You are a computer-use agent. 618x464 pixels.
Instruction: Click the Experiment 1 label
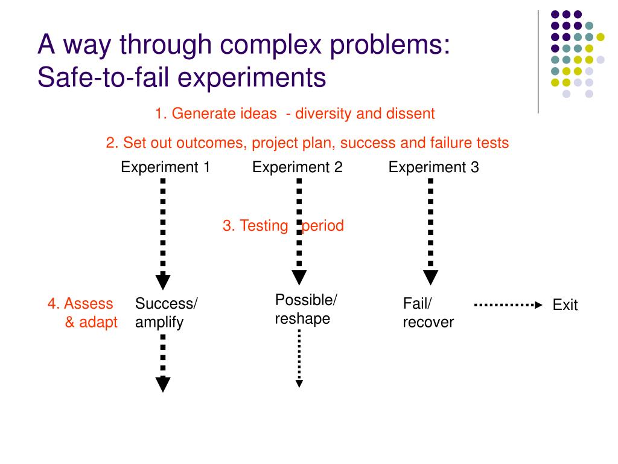pos(165,167)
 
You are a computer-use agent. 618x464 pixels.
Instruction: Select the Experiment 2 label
pos(297,167)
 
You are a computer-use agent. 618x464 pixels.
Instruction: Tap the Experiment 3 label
pos(433,167)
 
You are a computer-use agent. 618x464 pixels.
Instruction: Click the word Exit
pos(565,305)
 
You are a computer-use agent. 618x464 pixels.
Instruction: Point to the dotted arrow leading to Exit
pos(508,305)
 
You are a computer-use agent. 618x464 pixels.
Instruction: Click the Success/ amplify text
pos(166,313)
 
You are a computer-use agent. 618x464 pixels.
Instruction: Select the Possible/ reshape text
pos(306,309)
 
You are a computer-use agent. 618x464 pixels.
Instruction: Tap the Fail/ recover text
pos(428,313)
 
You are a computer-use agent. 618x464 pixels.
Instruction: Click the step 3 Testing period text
pos(283,226)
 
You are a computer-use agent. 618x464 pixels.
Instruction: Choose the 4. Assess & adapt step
pos(83,313)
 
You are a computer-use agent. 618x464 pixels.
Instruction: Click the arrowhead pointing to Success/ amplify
pos(163,282)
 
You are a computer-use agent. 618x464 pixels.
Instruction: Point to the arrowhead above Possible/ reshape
pos(299,277)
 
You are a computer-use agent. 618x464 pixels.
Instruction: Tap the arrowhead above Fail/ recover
pos(430,277)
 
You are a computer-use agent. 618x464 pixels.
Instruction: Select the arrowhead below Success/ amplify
pos(163,384)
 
